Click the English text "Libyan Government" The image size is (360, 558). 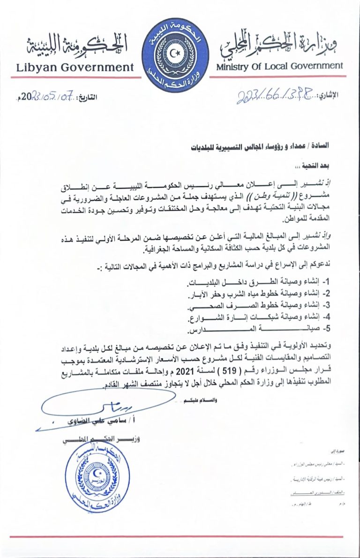[75, 67]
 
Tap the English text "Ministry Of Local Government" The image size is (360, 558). [279, 66]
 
